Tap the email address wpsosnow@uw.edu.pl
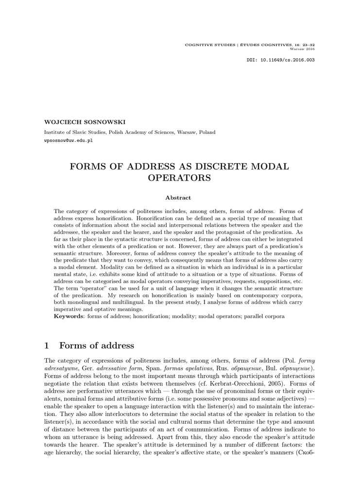pos(69,140)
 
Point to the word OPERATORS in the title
pos(179,178)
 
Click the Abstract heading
pos(178,198)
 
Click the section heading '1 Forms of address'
pos(89,346)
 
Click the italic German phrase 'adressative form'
pos(119,369)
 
